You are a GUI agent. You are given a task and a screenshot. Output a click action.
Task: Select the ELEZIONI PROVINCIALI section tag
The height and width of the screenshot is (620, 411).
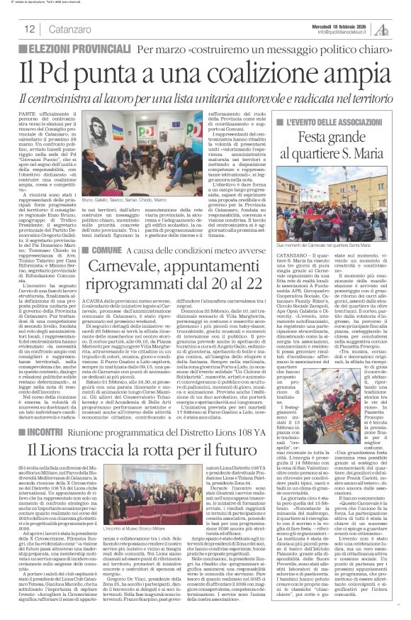72,49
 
